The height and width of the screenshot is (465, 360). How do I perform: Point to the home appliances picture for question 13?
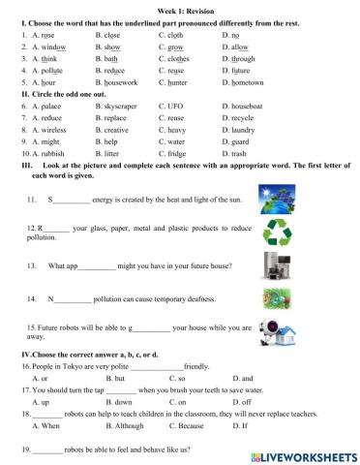tap(279, 263)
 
